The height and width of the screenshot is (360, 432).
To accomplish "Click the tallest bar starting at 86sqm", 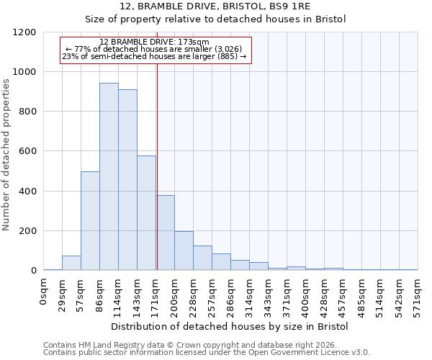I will click(x=109, y=176).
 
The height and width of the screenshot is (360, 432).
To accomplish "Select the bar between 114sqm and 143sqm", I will click(x=127, y=180).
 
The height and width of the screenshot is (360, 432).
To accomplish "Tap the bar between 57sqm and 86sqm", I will click(x=90, y=221).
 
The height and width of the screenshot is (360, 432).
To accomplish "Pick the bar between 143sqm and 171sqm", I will click(x=146, y=213).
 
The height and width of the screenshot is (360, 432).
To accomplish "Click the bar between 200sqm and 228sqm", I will click(x=184, y=251).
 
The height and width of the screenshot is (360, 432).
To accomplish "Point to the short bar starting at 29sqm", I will click(x=71, y=263).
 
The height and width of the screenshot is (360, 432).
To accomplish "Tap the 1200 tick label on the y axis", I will click(x=25, y=32).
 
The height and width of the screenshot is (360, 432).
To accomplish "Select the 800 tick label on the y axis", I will click(x=28, y=112).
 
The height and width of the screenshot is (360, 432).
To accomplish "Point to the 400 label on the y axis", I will click(x=28, y=192).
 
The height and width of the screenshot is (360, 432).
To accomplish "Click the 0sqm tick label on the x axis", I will click(x=44, y=291).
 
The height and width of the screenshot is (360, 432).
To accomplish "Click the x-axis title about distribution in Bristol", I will click(x=230, y=327).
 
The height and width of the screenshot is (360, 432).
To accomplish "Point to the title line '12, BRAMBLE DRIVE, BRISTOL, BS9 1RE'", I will click(x=215, y=7).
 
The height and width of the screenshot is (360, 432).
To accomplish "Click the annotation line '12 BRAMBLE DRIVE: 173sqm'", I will click(x=155, y=42).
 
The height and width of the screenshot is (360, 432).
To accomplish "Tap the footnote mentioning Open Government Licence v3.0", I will click(x=207, y=353).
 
